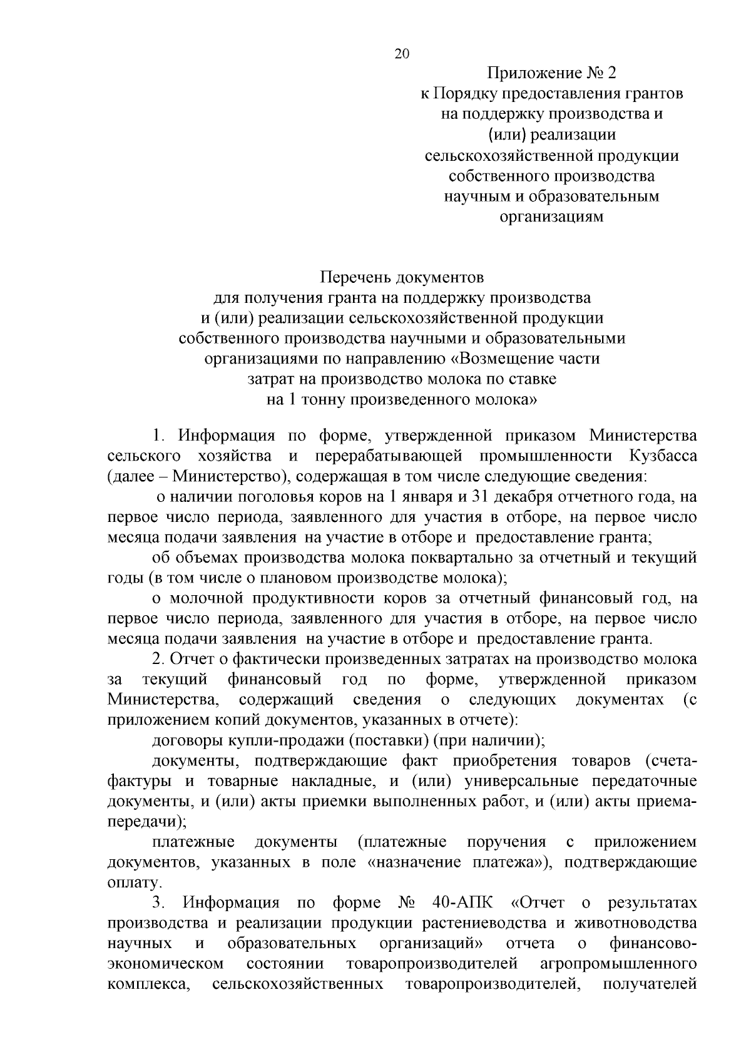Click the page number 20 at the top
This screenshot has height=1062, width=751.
click(x=401, y=54)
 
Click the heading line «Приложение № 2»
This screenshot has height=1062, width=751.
click(x=551, y=74)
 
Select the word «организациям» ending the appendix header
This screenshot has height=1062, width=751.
click(x=551, y=217)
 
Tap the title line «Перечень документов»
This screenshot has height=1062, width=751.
click(x=402, y=277)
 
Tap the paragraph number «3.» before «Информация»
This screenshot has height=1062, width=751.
click(x=158, y=903)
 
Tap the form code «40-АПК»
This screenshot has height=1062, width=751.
click(x=462, y=903)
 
